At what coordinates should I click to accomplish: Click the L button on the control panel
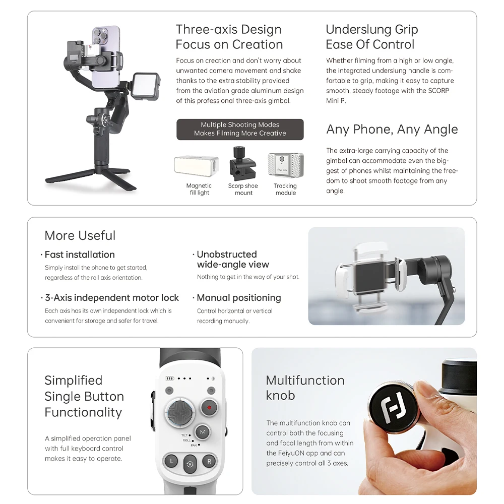pyautogui.click(x=171, y=461)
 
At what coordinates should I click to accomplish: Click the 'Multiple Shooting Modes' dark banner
pyautogui.click(x=240, y=130)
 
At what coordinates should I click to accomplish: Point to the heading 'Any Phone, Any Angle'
pyautogui.click(x=392, y=130)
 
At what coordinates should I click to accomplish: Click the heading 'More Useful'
pyautogui.click(x=80, y=236)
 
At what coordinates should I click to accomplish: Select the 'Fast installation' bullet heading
pyautogui.click(x=80, y=255)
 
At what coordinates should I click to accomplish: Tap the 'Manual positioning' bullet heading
pyautogui.click(x=239, y=298)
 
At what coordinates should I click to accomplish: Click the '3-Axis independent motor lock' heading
pyautogui.click(x=112, y=298)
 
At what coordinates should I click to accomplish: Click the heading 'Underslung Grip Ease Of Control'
pyautogui.click(x=372, y=37)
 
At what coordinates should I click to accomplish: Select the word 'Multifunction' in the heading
pyautogui.click(x=305, y=381)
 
